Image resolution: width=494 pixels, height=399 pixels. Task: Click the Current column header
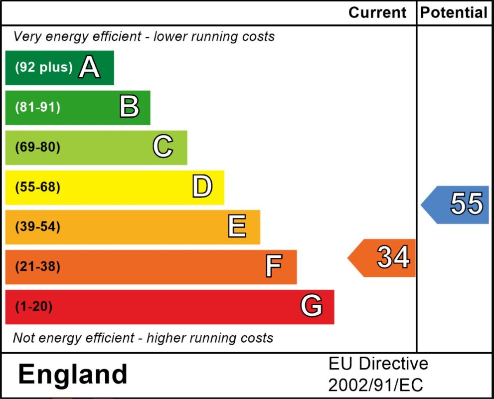click(377, 12)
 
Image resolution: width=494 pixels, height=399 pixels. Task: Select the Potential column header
click(453, 12)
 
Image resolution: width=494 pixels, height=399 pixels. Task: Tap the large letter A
click(90, 67)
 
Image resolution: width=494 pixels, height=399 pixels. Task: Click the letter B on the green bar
click(129, 107)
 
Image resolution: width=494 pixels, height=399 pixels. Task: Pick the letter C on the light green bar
click(163, 147)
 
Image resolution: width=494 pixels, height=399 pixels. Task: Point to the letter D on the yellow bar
click(202, 187)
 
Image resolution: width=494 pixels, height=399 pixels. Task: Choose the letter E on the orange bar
click(237, 227)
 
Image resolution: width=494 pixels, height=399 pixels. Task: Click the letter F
click(274, 267)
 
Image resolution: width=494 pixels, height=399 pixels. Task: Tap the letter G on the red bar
click(312, 306)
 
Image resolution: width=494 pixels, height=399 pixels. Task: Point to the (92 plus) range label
click(44, 67)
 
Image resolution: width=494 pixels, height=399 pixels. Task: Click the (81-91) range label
click(38, 107)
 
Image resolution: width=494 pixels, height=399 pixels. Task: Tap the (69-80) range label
click(38, 147)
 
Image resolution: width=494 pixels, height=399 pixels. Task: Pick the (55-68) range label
click(38, 187)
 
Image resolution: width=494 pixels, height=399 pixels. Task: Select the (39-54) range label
click(38, 227)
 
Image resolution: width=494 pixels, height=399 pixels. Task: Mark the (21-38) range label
click(38, 267)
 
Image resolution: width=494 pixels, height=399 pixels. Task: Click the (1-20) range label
click(34, 306)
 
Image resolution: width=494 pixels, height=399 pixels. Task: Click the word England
click(73, 375)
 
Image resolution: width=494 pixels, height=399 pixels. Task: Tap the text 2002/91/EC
click(375, 385)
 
